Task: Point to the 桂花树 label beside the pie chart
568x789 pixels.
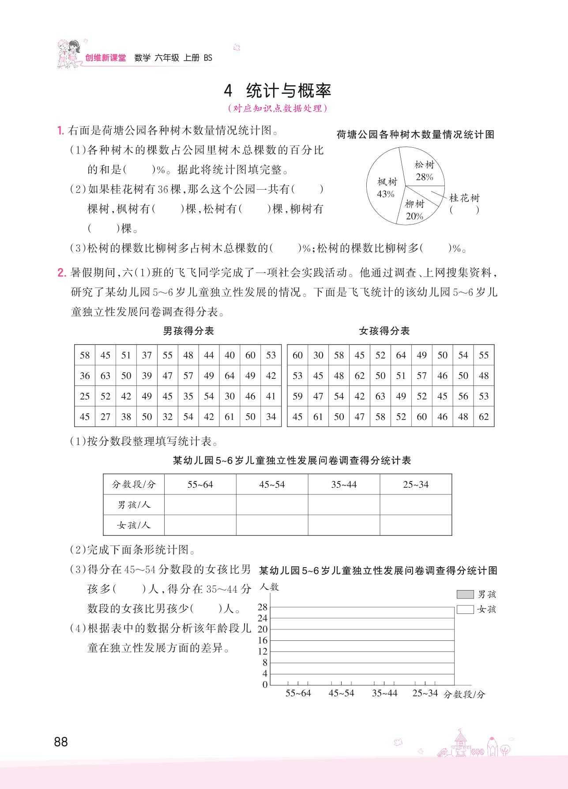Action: click(464, 198)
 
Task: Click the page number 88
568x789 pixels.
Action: click(61, 742)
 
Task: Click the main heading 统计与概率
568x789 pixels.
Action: click(288, 91)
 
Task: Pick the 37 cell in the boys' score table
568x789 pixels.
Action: click(147, 355)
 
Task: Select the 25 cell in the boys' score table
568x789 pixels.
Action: click(85, 396)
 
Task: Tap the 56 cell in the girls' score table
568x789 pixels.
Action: click(463, 396)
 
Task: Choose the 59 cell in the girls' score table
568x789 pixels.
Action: click(297, 396)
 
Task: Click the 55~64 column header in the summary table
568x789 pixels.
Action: click(200, 485)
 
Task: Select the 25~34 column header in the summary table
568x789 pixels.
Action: click(415, 485)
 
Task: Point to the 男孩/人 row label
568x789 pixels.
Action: click(134, 505)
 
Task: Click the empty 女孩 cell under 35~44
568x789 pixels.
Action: click(343, 525)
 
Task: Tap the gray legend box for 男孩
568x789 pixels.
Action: click(465, 595)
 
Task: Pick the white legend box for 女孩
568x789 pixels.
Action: click(465, 610)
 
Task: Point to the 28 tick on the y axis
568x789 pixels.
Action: click(263, 607)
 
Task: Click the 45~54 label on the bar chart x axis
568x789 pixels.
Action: click(341, 693)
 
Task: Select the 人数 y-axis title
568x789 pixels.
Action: click(269, 587)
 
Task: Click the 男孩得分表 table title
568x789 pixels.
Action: click(188, 331)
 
